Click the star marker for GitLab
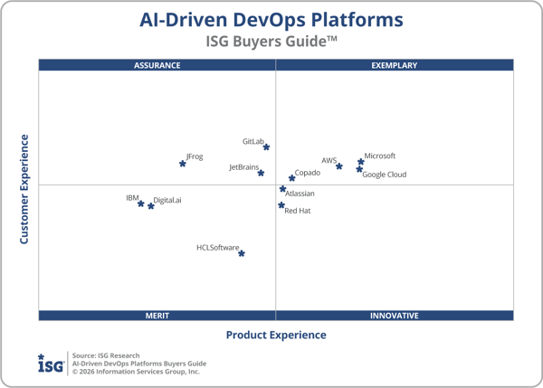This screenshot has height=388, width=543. click(266, 147)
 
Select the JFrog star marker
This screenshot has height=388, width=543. click(183, 164)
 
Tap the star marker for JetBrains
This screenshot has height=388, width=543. click(261, 173)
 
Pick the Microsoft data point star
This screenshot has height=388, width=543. click(360, 161)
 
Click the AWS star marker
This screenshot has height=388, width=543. click(339, 166)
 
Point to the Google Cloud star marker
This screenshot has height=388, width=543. click(359, 169)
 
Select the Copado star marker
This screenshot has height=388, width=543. click(291, 178)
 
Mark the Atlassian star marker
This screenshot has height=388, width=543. click(282, 189)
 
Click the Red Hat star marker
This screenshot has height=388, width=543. click(281, 205)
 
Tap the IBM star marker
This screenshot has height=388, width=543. click(140, 203)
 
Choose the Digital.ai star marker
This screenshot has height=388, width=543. click(150, 206)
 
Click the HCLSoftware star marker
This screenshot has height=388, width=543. click(242, 253)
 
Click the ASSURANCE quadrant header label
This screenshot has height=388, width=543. click(157, 65)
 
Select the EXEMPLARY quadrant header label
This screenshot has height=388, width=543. click(395, 65)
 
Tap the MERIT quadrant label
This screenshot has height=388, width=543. click(157, 316)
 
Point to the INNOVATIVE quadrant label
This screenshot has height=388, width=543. click(395, 316)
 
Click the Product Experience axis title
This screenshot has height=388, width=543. click(276, 336)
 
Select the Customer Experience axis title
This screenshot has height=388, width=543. click(24, 189)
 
